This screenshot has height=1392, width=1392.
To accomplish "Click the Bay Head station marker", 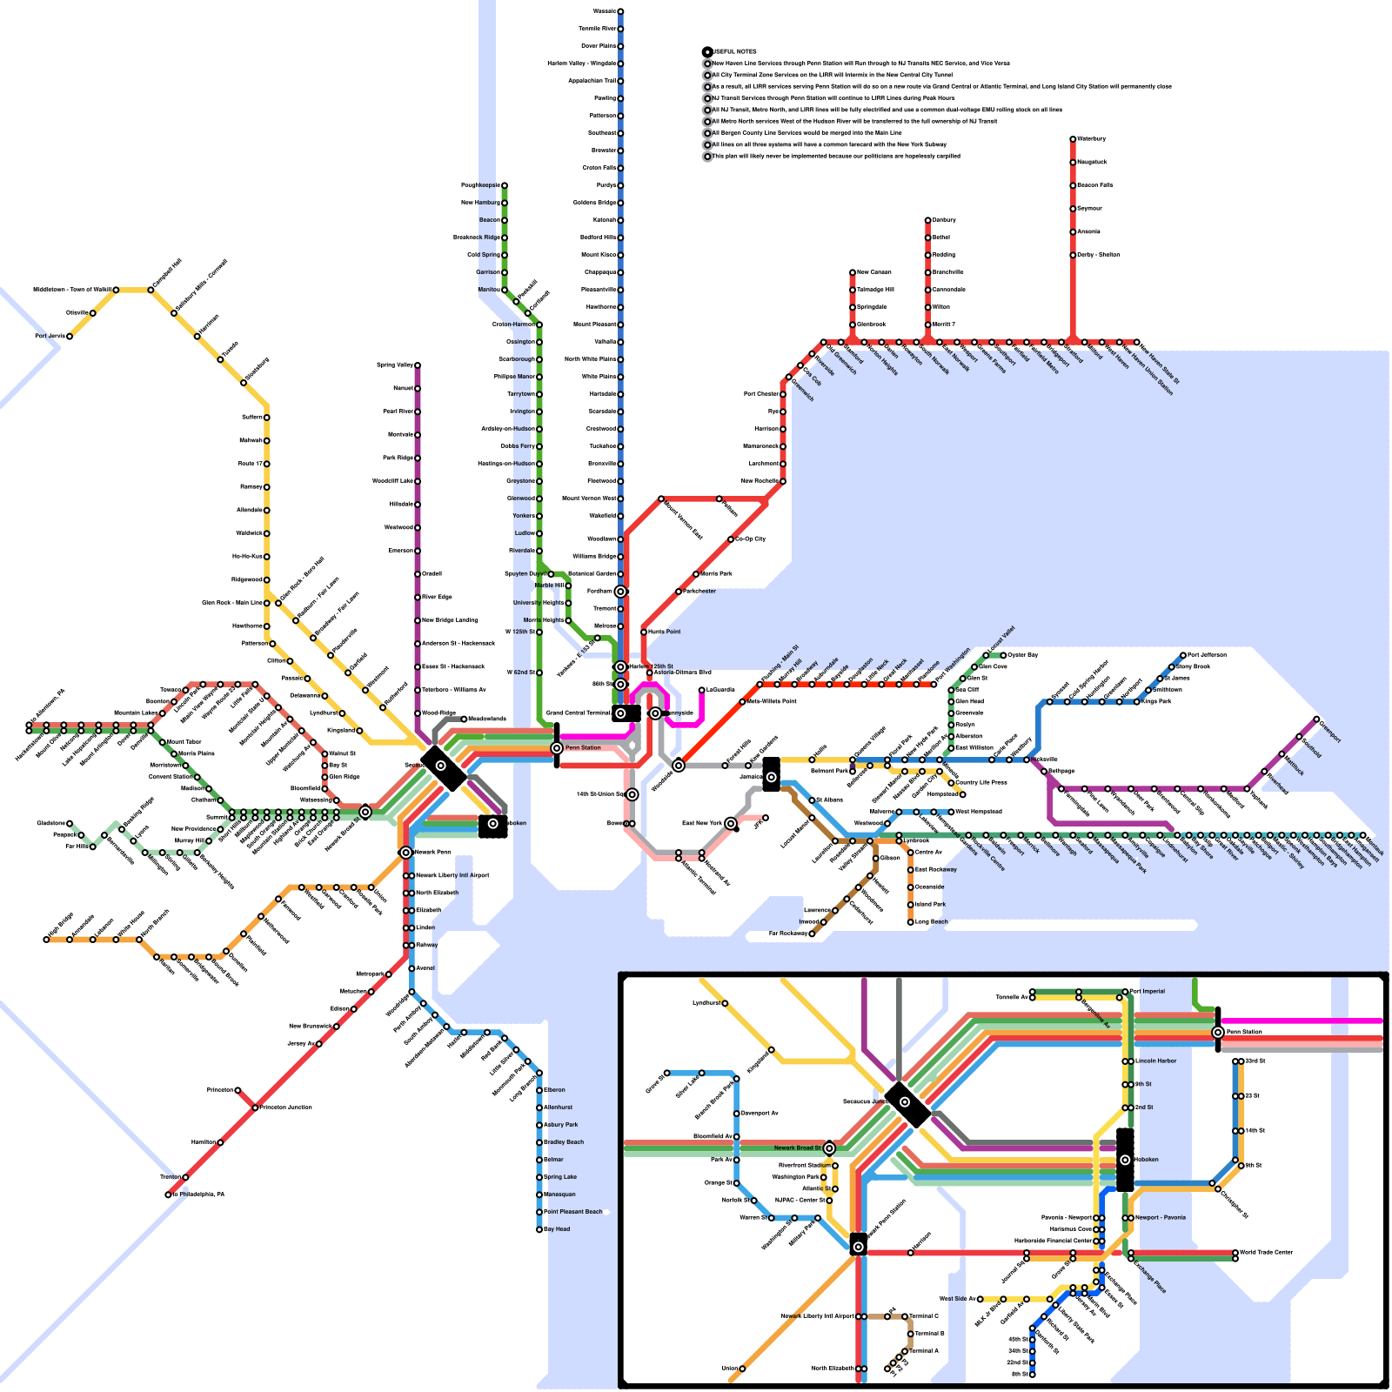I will tap(539, 1229).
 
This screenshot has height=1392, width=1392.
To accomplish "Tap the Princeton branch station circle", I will tap(238, 1090).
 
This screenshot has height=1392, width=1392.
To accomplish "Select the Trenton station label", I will tap(170, 1177).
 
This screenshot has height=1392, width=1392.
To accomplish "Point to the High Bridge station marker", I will tap(46, 940).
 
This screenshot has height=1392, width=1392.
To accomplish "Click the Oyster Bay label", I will tap(1022, 655).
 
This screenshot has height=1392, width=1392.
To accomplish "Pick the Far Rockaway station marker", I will tap(812, 934).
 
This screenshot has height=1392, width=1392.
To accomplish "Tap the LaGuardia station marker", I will tap(702, 690).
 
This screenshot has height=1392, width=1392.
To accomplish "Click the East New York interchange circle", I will tap(731, 823).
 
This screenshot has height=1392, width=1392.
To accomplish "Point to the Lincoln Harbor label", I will tap(1156, 1061).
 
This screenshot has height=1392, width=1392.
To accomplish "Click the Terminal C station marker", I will tap(905, 1316).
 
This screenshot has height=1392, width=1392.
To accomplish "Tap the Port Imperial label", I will tap(1148, 991).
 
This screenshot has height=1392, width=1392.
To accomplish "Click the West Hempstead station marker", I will tap(951, 812).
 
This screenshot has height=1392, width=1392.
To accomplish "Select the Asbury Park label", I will tap(560, 1125).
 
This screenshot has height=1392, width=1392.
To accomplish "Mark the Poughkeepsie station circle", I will tap(505, 185).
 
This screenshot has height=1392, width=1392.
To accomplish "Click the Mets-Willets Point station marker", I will tap(742, 701).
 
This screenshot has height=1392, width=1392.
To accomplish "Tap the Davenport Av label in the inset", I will tap(759, 1114).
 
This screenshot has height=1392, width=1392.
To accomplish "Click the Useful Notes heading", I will tap(734, 52).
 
